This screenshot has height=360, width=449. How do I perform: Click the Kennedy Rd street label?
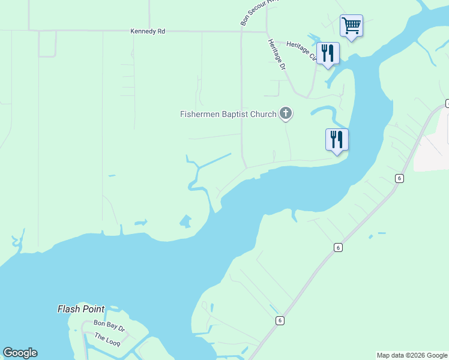148,31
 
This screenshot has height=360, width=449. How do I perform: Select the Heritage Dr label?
277,55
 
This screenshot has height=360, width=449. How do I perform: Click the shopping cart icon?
351,26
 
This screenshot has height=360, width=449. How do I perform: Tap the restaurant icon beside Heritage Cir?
328,53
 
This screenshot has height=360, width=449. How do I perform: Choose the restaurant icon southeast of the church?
337,140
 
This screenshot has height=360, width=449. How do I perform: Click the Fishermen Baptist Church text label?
228,114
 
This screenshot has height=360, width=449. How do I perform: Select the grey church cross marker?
286,113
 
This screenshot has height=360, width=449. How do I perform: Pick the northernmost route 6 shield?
399,178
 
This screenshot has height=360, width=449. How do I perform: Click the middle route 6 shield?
338,247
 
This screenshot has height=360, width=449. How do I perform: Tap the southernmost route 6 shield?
280,320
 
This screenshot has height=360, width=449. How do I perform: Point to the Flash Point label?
81,310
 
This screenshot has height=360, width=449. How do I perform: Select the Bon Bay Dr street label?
109,329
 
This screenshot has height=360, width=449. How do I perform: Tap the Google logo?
20,353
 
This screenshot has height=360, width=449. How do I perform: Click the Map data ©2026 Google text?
411,355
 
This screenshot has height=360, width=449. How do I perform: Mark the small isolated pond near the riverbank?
186,221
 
